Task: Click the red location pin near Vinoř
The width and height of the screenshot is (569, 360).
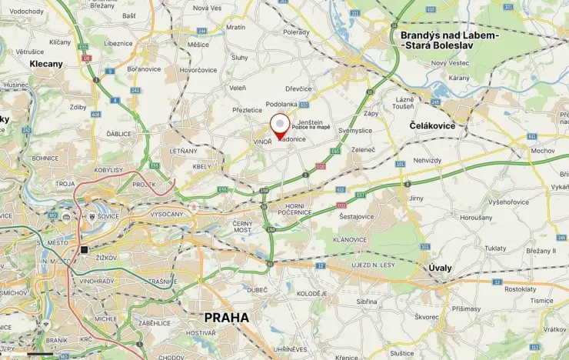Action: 281,126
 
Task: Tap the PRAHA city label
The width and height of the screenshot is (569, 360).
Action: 226,317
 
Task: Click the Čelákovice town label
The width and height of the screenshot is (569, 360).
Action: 432,125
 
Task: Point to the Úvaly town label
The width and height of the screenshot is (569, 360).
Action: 440,268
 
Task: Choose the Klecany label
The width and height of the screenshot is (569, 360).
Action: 46,64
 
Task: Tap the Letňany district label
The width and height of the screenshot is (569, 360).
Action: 184,151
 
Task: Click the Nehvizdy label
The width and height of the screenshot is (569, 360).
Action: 428,160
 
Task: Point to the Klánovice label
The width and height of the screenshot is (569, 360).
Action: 351,239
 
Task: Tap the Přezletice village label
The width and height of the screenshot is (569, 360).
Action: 248,110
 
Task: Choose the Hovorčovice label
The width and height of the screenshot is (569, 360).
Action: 198,69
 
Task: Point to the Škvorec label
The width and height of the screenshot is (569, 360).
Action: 427,316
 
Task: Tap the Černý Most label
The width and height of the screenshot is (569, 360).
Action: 242,227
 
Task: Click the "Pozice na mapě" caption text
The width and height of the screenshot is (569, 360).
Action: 311,128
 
